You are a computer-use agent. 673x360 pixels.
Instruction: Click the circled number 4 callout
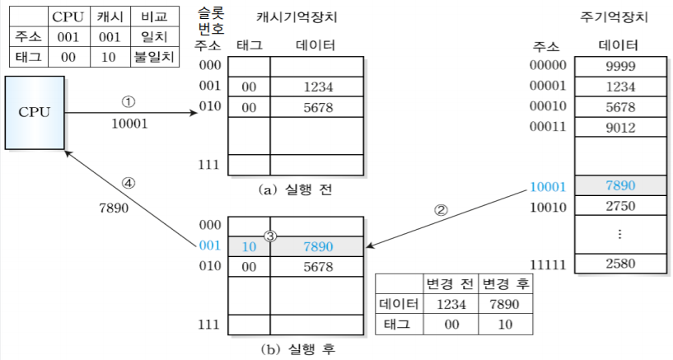click(128, 182)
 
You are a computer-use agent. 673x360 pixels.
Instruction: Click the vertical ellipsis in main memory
click(619, 234)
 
